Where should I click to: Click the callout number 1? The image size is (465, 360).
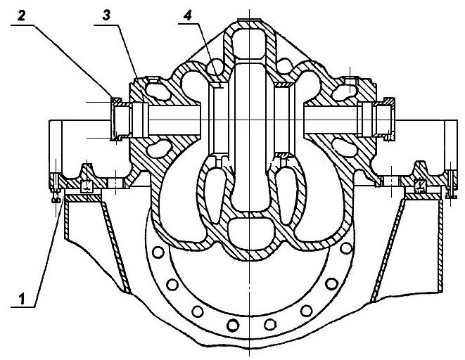click(23, 298)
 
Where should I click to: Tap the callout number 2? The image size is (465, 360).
click(21, 15)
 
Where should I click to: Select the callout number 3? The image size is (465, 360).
click(106, 15)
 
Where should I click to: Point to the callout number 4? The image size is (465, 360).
click(187, 15)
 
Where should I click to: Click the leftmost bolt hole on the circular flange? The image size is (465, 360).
click(158, 252)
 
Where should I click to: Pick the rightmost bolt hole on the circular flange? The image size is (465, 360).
click(346, 248)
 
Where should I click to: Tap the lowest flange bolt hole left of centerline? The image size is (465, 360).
click(233, 325)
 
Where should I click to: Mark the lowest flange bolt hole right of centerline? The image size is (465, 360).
click(269, 324)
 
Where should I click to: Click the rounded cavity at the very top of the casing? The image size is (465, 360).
click(250, 44)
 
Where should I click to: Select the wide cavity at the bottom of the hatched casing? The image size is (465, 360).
click(249, 233)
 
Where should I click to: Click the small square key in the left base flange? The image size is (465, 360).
click(87, 186)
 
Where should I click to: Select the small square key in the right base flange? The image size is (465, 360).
click(419, 186)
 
